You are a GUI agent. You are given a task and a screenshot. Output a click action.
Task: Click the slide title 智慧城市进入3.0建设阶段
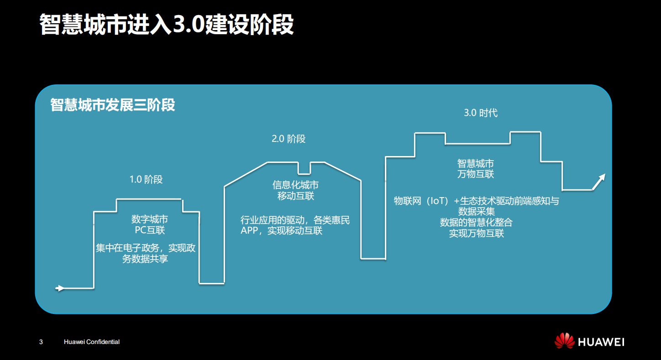point(166,25)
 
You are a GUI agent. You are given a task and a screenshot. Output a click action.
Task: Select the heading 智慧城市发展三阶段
point(113,105)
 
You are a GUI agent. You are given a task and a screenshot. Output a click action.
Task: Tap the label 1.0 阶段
point(146,179)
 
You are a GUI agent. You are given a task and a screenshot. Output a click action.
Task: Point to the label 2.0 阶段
point(289,139)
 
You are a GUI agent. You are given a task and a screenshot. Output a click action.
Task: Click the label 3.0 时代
point(481,113)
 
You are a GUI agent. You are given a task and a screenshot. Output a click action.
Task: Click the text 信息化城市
point(295,185)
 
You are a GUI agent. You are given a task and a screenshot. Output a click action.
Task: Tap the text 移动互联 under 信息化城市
point(295,196)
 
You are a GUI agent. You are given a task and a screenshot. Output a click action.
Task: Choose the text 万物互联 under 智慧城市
point(476,174)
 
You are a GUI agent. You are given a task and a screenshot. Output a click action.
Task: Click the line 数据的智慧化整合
point(476,223)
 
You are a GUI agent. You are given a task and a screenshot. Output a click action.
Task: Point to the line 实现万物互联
point(476,234)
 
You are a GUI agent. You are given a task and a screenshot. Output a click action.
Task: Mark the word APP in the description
point(250,231)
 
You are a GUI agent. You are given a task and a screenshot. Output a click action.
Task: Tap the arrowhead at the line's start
point(60,288)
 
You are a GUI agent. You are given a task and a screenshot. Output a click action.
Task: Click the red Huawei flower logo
point(564,341)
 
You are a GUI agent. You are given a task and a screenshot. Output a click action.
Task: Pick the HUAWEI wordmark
point(601,342)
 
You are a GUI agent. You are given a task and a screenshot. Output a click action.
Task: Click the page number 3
point(41,342)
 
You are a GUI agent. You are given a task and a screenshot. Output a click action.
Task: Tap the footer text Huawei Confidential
point(92,342)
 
